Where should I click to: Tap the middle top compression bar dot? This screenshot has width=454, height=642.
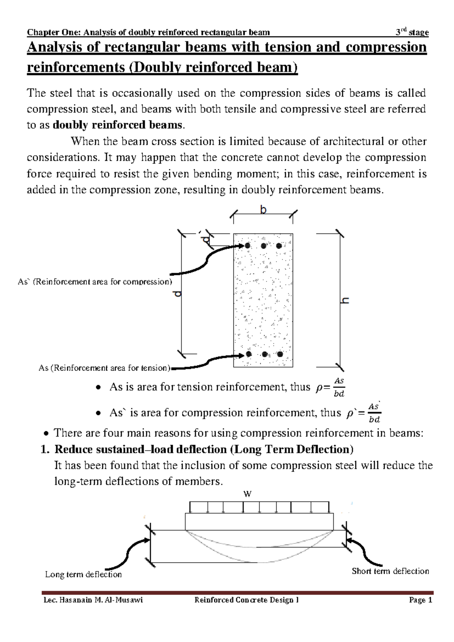[x=263, y=246]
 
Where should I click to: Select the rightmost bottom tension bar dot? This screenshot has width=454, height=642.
[x=280, y=355]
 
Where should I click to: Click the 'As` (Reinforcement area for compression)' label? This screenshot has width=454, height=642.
[x=95, y=282]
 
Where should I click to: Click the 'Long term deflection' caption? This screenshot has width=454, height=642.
[x=83, y=575]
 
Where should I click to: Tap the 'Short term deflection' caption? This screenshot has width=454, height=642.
[x=390, y=571]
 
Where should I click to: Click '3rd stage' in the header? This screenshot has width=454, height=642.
[x=412, y=33]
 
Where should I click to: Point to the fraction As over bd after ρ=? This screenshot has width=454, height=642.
[x=339, y=388]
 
